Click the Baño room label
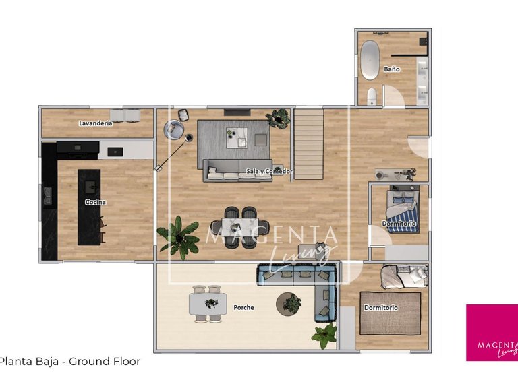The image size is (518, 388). tap(392, 69)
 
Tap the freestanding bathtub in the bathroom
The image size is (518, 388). tap(370, 60)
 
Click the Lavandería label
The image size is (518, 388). tap(96, 123)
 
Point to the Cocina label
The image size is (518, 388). tap(95, 202)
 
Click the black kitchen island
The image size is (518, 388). tap(89, 207)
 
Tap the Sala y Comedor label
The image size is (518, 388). tap(269, 171)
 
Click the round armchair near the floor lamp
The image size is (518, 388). tap(176, 129)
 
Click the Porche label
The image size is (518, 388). tap(244, 308)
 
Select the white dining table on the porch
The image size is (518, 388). tap(206, 304)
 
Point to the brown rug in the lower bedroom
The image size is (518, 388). tap(390, 313)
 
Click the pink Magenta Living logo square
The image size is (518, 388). tap(492, 333)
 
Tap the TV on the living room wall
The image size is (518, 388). tap(236, 111)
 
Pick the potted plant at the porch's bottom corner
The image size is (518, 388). tap(325, 333)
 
